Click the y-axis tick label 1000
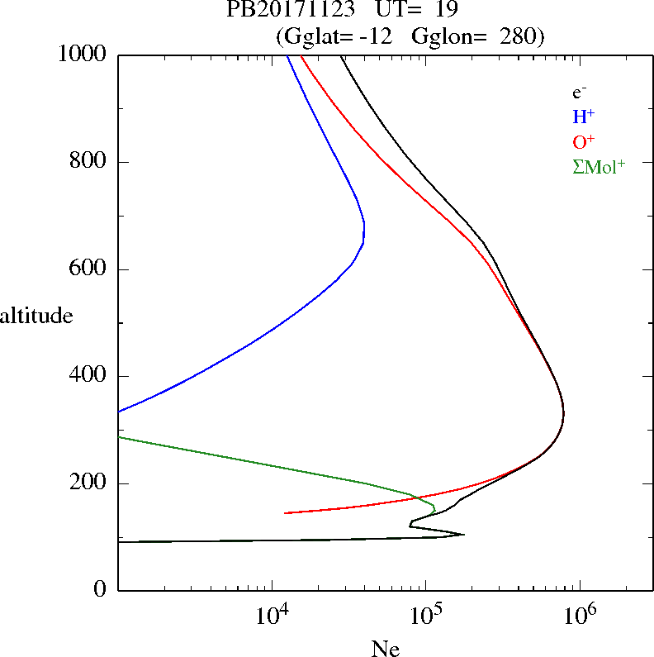pyautogui.click(x=83, y=55)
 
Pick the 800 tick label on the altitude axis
pyautogui.click(x=91, y=162)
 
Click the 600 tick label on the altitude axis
pyautogui.click(x=91, y=269)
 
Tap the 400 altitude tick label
pyautogui.click(x=91, y=376)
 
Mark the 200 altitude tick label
pyautogui.click(x=91, y=483)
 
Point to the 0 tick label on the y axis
pyautogui.click(x=102, y=590)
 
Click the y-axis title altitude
pyautogui.click(x=37, y=316)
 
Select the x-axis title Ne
pyautogui.click(x=386, y=650)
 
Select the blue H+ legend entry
pyautogui.click(x=583, y=116)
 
